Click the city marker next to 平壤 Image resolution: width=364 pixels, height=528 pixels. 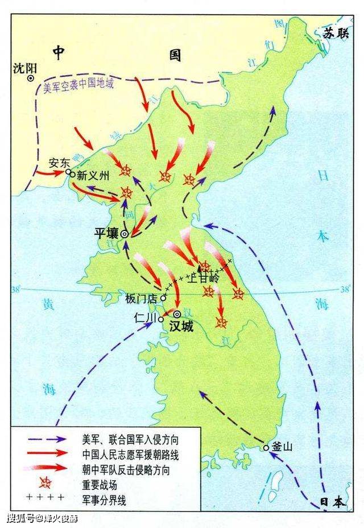125,233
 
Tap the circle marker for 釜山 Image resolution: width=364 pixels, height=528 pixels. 266,448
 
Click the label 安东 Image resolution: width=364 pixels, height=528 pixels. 59,162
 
